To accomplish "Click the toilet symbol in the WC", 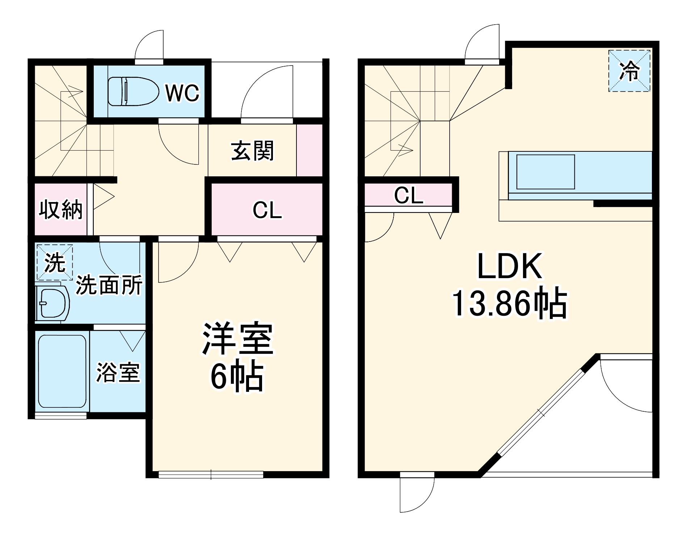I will [x=133, y=91].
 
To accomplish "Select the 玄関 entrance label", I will [x=252, y=151].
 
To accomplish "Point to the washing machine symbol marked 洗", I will [x=55, y=262].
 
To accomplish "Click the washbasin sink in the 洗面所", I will [x=53, y=303].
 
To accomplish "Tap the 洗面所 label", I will [x=109, y=285].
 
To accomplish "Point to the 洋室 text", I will [x=237, y=339].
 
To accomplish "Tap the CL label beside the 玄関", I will [x=267, y=210].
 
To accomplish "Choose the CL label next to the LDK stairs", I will [x=408, y=196].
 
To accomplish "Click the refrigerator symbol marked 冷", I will [x=629, y=71].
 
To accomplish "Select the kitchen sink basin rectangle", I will [x=545, y=172].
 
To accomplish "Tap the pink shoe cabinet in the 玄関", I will [x=309, y=150].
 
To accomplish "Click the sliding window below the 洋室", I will [x=211, y=474].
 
